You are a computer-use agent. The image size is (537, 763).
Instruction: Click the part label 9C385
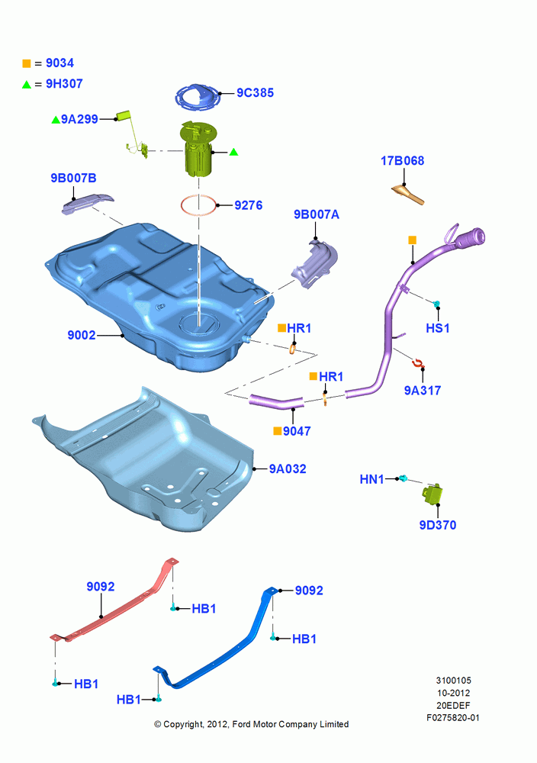pos(255,93)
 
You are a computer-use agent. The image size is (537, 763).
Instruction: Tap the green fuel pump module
pos(198,149)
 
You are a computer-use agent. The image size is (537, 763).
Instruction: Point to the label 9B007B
pos(73,178)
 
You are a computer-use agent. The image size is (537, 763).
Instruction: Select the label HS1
pos(437,328)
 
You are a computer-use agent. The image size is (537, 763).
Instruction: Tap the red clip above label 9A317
pos(418,363)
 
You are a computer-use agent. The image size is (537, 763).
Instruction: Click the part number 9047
pos(297,431)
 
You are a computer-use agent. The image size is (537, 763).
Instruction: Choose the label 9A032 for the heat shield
pos(288,469)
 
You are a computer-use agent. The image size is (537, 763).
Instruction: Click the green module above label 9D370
pos(432,494)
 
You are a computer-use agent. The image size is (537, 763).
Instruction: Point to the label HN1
pos(371,480)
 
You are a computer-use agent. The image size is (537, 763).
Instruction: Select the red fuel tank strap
pos(114,600)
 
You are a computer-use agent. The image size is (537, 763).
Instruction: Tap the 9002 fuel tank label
pos(81,335)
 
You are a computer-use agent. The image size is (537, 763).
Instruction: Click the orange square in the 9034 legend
pos(26,63)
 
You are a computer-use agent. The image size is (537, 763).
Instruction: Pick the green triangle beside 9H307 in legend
pos(26,85)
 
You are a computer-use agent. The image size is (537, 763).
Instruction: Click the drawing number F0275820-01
pos(453,718)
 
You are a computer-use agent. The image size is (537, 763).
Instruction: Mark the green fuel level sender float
pos(124,115)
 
